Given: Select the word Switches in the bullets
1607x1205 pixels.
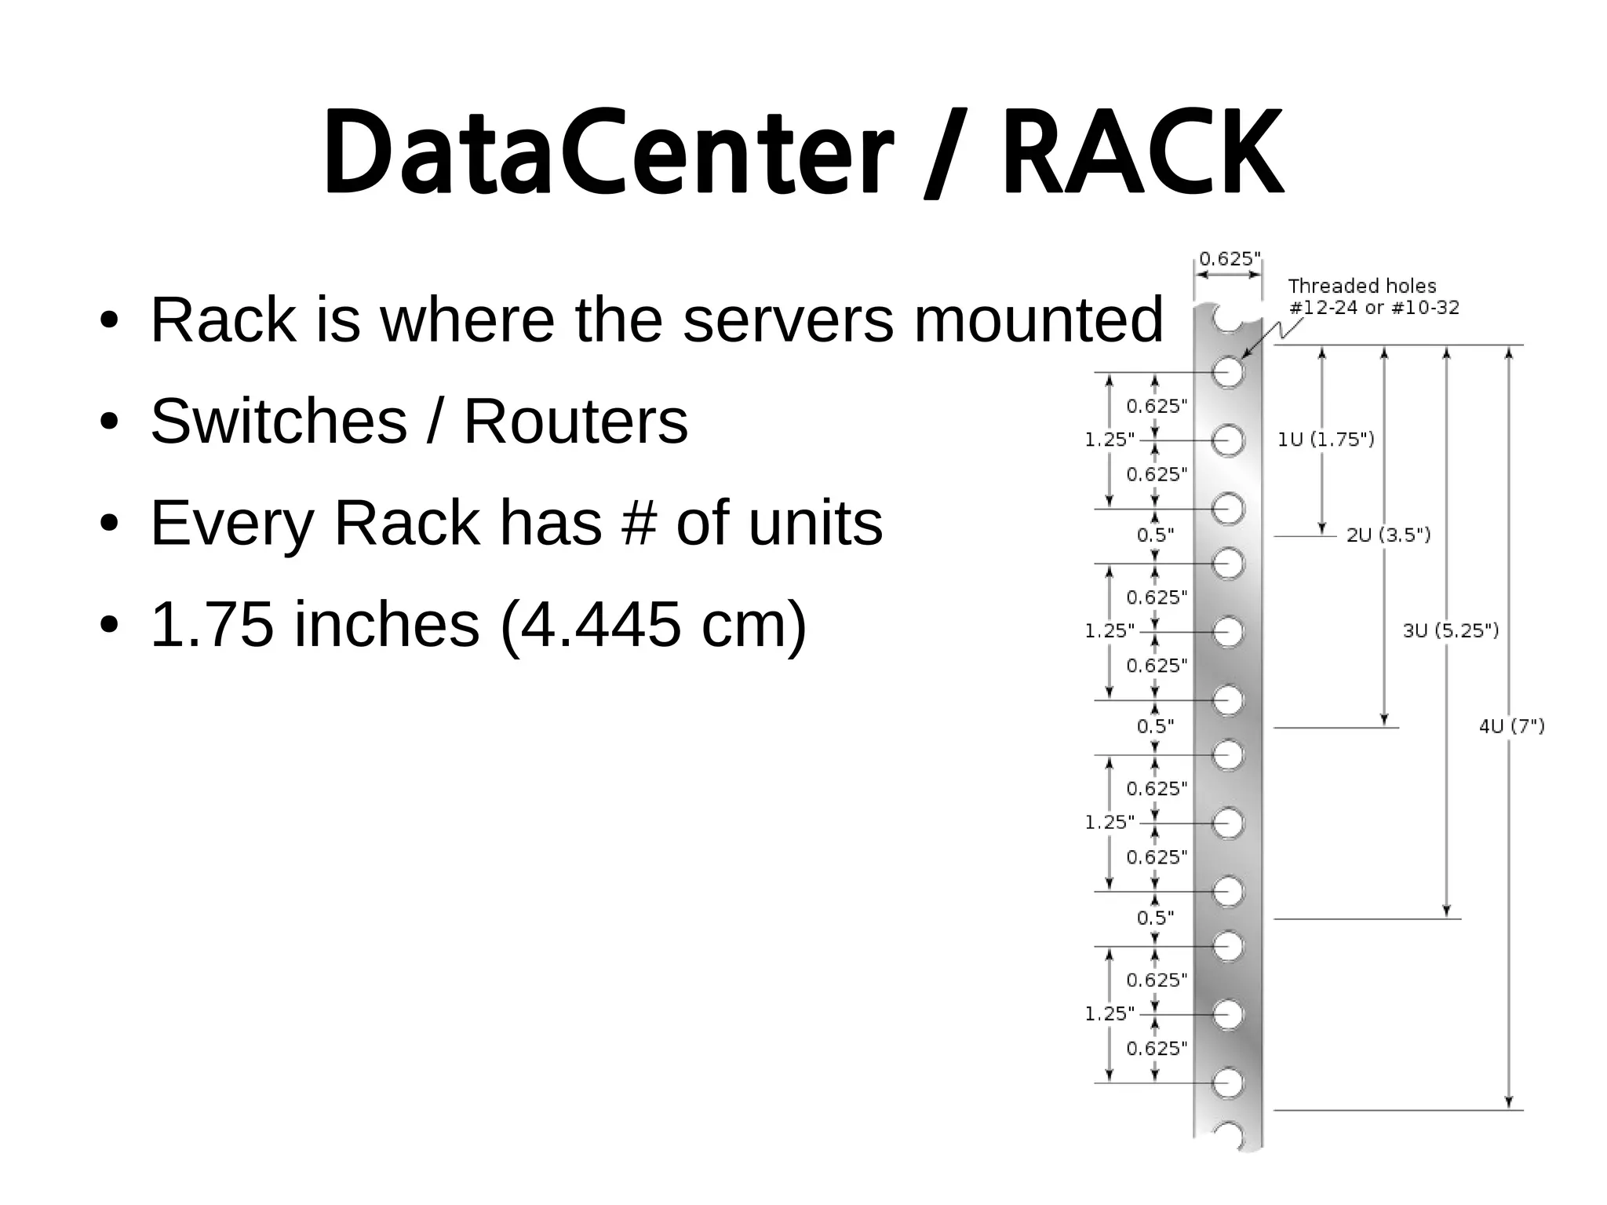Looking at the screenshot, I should point(279,422).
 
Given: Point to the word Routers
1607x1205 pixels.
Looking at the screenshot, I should point(575,422).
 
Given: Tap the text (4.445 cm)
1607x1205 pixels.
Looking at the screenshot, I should point(653,625).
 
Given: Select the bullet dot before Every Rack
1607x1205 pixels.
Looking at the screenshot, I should point(109,524).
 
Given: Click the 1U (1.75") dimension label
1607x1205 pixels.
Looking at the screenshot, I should point(1326,440).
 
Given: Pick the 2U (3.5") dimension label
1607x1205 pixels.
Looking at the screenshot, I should point(1388,535).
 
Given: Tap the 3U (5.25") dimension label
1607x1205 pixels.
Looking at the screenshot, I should point(1451,630).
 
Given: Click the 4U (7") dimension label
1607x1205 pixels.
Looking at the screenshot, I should point(1511,726).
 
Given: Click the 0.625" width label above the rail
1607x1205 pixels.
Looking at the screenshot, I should point(1230,258).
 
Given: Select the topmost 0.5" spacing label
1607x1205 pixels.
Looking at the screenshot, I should point(1155,535).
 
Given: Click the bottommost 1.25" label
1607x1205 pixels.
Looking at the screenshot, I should point(1110,1013).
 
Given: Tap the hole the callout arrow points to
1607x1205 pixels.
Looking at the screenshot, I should point(1228,372).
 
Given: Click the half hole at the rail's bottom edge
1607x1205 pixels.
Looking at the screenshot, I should point(1228,1136).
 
